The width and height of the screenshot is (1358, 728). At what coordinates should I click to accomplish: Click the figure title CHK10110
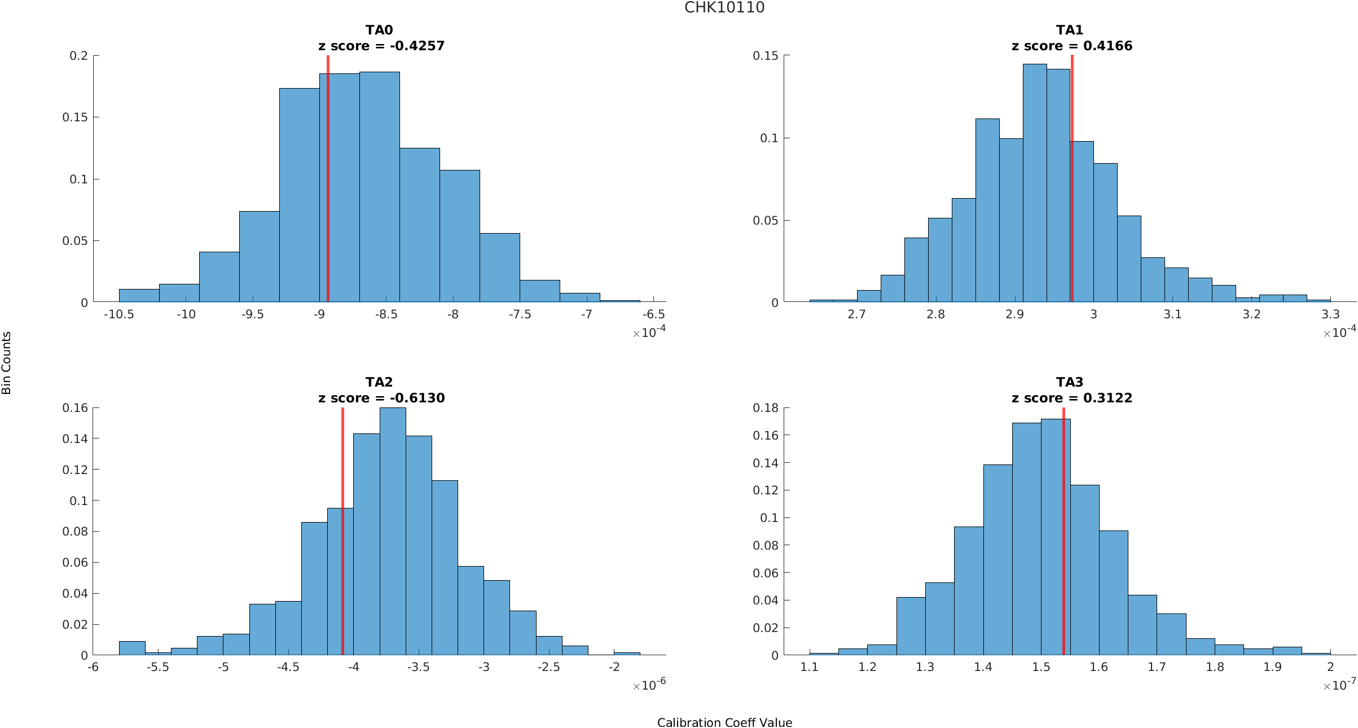(724, 7)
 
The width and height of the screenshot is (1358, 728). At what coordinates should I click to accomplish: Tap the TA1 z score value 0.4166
(1108, 46)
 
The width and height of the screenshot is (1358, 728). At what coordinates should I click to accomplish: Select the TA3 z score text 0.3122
(1108, 398)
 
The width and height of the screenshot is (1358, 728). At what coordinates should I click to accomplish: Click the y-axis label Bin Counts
(7, 363)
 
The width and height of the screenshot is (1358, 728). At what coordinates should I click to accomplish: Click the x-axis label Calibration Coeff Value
(724, 723)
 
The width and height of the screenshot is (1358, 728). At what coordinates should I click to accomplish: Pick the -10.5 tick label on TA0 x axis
(119, 314)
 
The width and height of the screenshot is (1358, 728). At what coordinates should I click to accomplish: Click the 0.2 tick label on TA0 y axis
(78, 56)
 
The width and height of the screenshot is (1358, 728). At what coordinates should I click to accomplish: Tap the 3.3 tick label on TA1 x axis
(1330, 314)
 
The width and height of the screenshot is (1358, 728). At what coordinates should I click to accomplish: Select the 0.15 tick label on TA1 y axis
(765, 56)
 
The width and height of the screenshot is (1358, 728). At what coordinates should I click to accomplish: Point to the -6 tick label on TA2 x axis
(93, 667)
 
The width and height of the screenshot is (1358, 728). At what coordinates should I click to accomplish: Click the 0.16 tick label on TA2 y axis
(75, 408)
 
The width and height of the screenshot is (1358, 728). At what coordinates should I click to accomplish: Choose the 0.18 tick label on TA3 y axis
(765, 408)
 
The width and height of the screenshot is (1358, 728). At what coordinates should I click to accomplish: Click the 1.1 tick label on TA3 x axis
(810, 667)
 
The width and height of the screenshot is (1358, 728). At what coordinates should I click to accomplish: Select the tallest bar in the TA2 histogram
(393, 530)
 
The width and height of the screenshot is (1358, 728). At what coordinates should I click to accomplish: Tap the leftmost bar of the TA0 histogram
(139, 296)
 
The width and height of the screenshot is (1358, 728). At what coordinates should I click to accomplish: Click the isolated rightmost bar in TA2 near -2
(627, 654)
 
